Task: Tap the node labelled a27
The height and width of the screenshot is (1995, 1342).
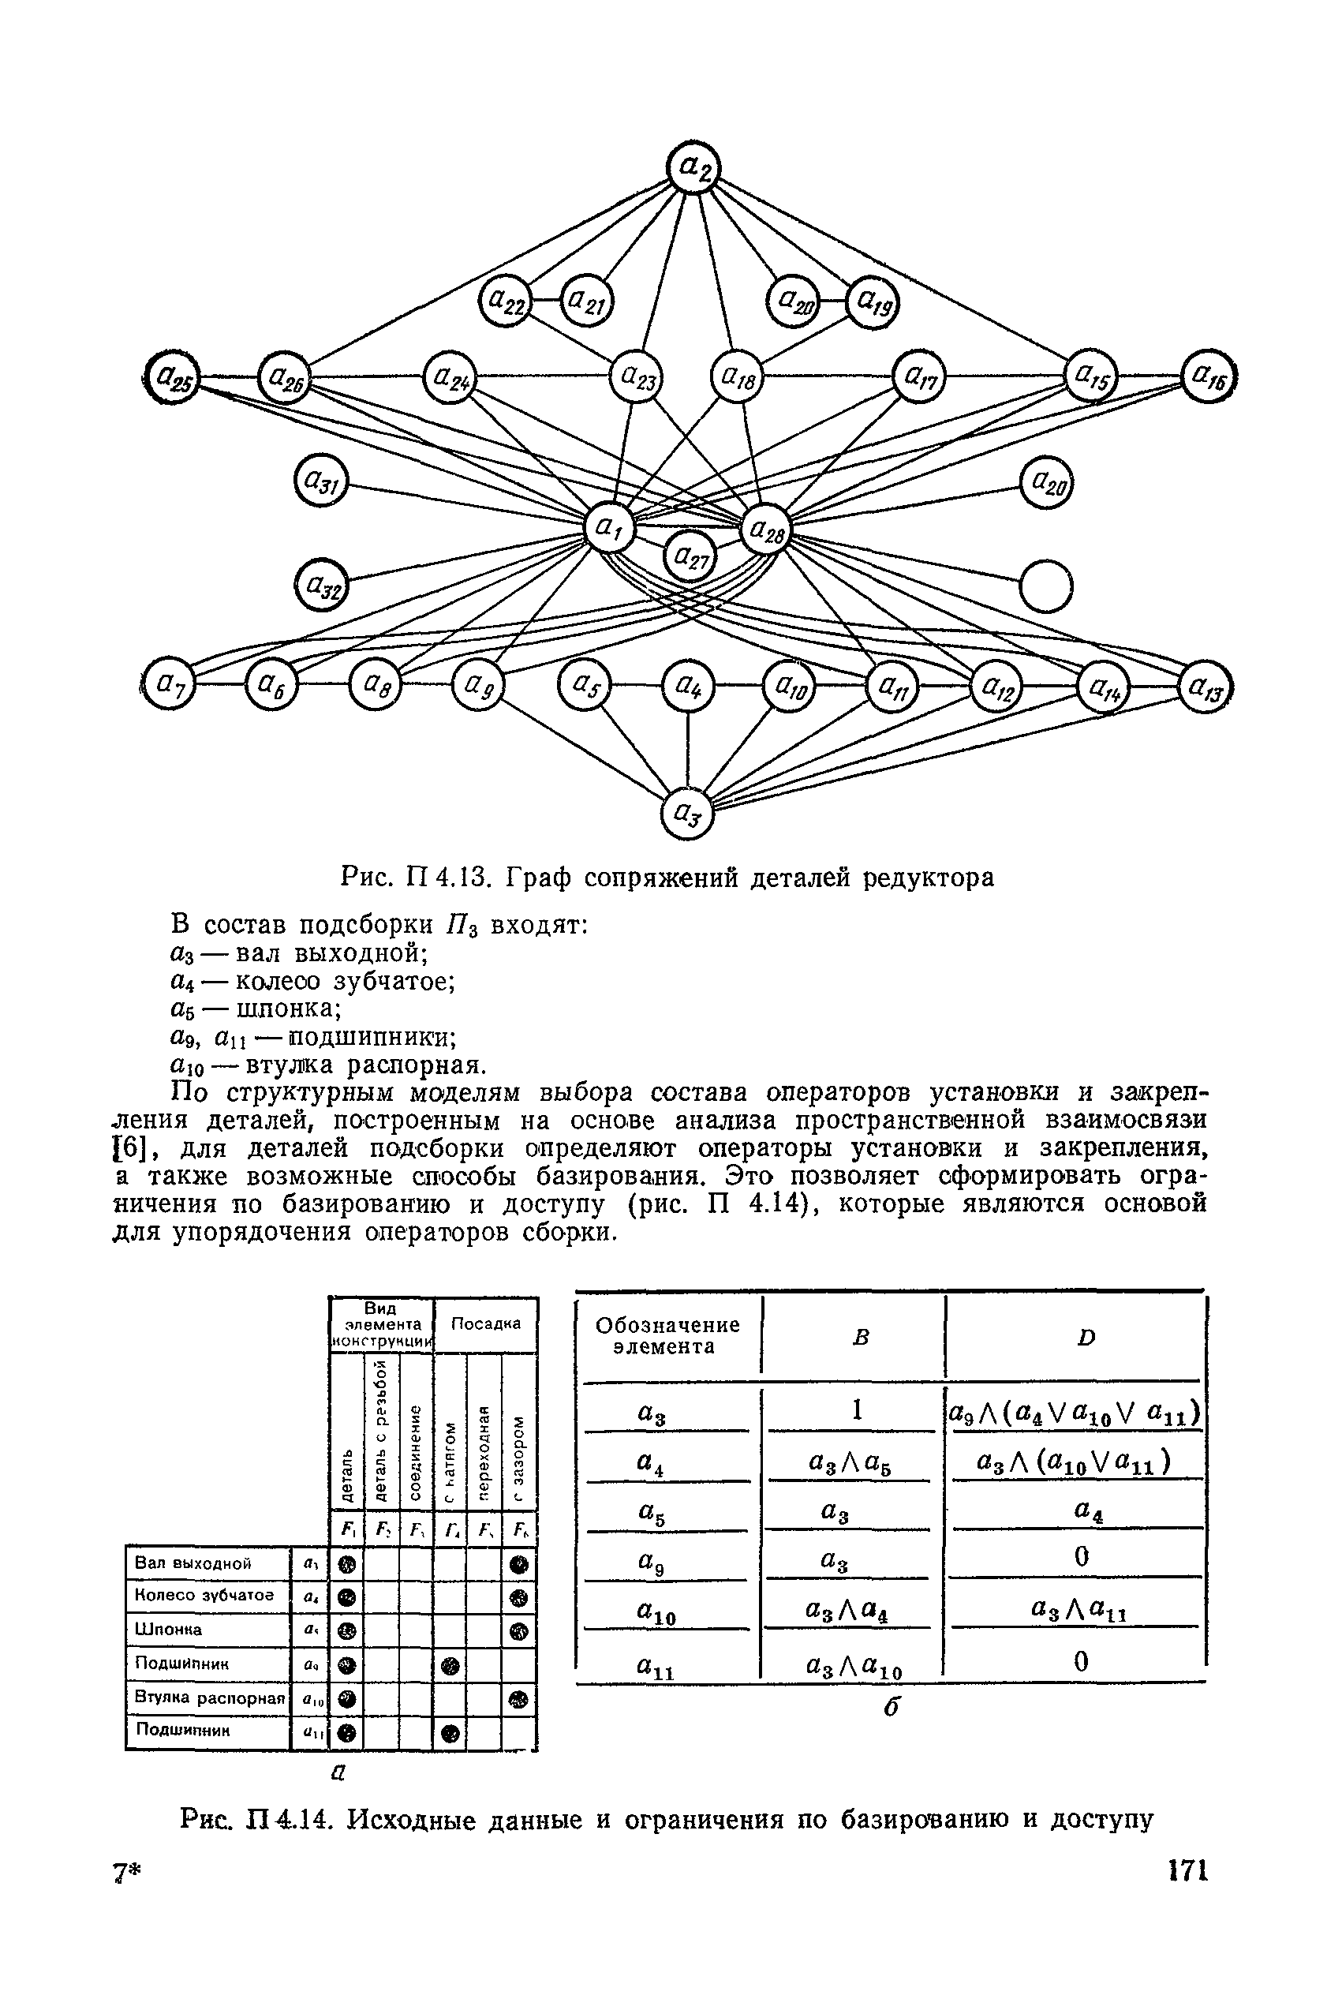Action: coord(690,557)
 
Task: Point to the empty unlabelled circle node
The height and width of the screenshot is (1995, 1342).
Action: coord(1047,586)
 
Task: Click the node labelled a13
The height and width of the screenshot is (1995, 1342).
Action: coord(1206,687)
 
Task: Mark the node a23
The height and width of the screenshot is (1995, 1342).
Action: coord(635,376)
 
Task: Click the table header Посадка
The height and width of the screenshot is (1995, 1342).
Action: coord(485,1323)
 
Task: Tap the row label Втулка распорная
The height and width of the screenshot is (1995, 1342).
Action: coord(209,1697)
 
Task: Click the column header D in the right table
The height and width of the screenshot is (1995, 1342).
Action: coord(1086,1337)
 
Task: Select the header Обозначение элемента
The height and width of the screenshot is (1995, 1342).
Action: coord(667,1335)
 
